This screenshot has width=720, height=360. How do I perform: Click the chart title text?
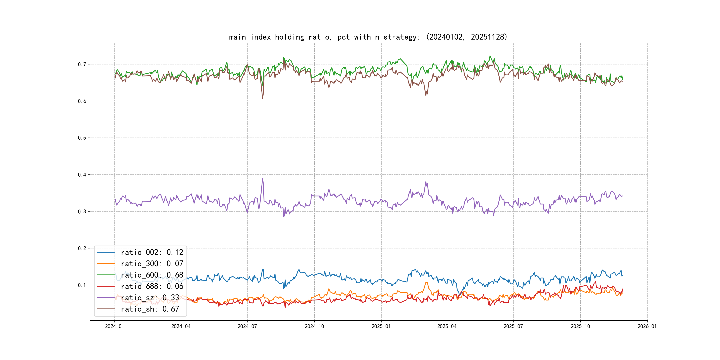click(368, 37)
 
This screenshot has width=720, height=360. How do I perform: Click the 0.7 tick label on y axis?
click(82, 64)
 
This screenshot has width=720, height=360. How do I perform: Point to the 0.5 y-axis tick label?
click(82, 138)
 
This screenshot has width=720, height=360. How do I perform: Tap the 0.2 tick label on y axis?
click(82, 248)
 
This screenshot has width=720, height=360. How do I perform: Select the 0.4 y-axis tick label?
click(82, 175)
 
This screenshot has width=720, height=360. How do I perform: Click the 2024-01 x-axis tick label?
click(114, 326)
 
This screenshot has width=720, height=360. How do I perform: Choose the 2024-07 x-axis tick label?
click(247, 326)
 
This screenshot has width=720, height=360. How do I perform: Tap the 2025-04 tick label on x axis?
click(447, 326)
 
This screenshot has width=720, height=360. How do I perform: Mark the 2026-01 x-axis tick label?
click(647, 326)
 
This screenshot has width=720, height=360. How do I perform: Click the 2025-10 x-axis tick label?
click(580, 326)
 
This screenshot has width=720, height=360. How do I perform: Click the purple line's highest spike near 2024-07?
click(262, 179)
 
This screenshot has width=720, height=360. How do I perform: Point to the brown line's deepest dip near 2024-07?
click(262, 98)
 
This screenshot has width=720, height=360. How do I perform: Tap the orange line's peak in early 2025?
click(426, 283)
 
